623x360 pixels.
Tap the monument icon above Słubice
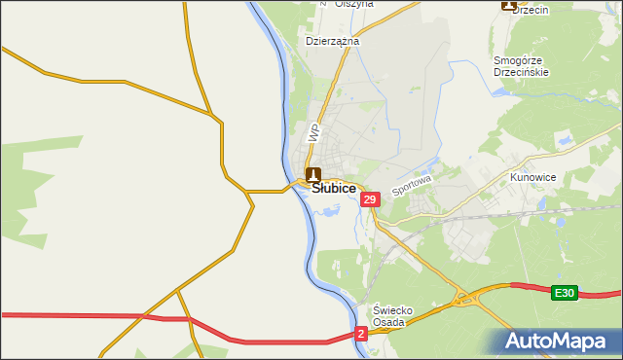point(313,175)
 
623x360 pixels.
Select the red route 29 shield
point(369,199)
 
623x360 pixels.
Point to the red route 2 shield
point(361,334)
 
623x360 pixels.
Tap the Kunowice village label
point(531,179)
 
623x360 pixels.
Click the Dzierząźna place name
point(333,42)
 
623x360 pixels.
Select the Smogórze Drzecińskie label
point(522,66)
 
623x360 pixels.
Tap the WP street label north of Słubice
point(313,132)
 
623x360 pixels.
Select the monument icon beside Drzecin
point(508,5)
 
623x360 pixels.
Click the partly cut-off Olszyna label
point(354,4)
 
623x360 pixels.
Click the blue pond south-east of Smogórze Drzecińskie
point(564,142)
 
